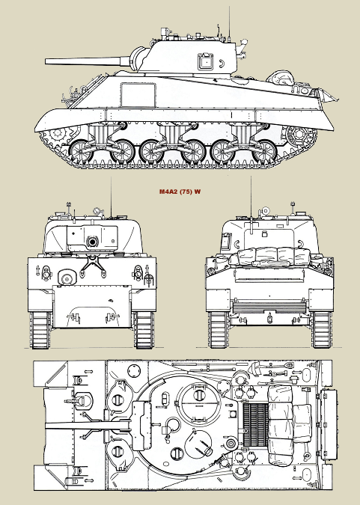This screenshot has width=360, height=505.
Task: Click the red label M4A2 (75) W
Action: (x=180, y=192)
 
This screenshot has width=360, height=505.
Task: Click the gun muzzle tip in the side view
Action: (x=46, y=61)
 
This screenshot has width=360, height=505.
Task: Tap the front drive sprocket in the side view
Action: (x=58, y=135)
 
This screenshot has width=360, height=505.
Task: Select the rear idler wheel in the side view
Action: (x=299, y=135)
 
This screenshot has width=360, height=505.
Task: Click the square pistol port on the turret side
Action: (x=206, y=61)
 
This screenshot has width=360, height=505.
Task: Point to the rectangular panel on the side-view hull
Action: (x=138, y=95)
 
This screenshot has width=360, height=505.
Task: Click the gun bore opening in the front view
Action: (x=93, y=241)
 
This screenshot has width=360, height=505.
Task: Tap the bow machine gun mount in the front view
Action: (x=67, y=278)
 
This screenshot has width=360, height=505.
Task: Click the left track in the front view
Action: (x=40, y=330)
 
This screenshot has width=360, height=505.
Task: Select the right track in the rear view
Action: (x=321, y=329)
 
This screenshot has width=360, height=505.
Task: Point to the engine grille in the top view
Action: (x=255, y=424)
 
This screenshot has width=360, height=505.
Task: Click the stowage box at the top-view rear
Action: (x=329, y=424)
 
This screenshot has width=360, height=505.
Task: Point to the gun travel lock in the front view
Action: (x=93, y=266)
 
